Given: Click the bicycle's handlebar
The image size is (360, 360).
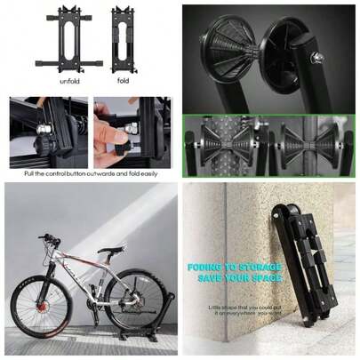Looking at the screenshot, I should (x=51, y=238).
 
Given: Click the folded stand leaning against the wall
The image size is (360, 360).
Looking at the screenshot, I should (x=300, y=267).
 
